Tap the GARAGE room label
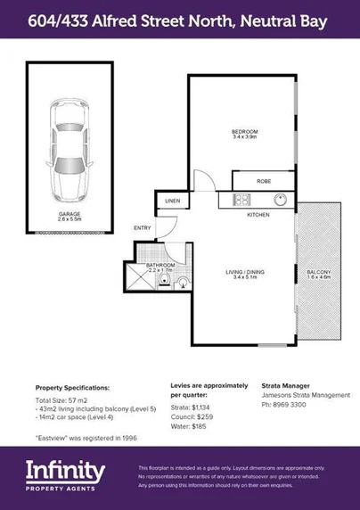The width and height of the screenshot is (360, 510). coord(70,214)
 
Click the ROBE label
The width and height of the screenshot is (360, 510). coord(263,181)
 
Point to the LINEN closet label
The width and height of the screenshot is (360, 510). coord(172,202)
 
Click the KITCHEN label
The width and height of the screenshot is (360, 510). coord(258,215)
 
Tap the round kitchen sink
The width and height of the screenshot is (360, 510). coord(278,199)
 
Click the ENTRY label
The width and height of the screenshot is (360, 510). coord(143,228)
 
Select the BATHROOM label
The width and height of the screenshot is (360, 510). coord(160,264)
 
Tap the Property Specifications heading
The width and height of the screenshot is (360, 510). coord(72,388)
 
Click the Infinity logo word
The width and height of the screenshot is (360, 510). coord(64,468)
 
